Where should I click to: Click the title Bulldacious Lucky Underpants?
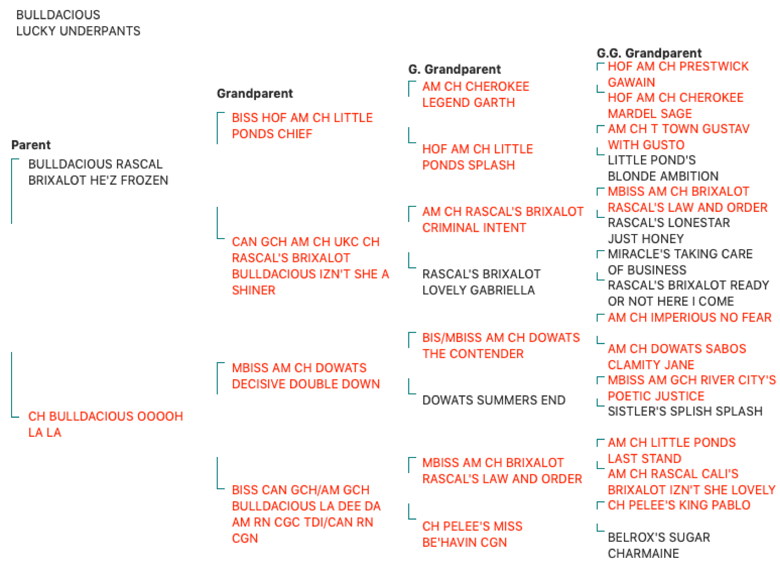click(x=78, y=23)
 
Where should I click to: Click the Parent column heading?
click(x=31, y=145)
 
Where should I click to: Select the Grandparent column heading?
click(x=255, y=94)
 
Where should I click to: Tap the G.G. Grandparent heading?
click(x=649, y=53)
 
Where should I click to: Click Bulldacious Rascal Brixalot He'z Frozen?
click(x=98, y=172)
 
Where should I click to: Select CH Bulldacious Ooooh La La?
click(x=105, y=424)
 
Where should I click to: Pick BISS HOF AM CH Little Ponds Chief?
click(x=302, y=126)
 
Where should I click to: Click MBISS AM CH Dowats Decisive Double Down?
click(x=306, y=376)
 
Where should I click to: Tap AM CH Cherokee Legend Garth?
click(x=476, y=94)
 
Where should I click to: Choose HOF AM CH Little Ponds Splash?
click(x=477, y=157)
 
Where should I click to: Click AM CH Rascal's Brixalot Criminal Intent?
click(x=503, y=219)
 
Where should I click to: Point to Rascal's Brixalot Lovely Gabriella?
click(x=481, y=282)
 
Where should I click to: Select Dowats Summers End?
click(x=494, y=400)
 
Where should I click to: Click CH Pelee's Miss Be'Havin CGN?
click(x=472, y=534)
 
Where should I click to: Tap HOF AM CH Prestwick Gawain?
click(x=678, y=74)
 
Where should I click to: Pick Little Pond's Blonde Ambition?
click(x=663, y=168)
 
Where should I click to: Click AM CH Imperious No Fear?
click(x=689, y=318)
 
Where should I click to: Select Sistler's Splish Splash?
click(x=685, y=411)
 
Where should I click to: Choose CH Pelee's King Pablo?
click(x=679, y=505)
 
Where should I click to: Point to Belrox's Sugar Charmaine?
click(x=659, y=545)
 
